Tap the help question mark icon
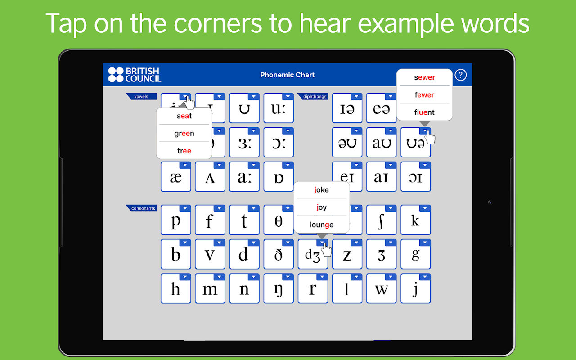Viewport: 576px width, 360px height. point(460,75)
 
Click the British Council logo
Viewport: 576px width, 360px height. point(135,75)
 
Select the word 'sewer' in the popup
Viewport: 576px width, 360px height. point(424,77)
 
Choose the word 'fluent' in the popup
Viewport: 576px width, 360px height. point(424,112)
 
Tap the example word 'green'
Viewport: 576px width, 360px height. point(184,134)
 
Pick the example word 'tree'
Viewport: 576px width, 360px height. point(184,151)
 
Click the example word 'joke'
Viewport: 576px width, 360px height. point(321,190)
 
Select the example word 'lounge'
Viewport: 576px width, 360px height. point(322,225)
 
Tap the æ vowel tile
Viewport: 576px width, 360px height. point(176,177)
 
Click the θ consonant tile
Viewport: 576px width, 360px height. point(279,220)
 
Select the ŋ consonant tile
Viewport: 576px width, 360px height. point(279,288)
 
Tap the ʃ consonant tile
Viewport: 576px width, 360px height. point(381,220)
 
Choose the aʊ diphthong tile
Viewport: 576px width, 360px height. point(381,142)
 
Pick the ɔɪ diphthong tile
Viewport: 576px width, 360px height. point(416,177)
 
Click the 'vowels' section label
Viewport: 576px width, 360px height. point(141,96)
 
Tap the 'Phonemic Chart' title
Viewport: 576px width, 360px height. point(287,75)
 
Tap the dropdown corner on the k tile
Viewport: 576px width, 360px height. point(425,208)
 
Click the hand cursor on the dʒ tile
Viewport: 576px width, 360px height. point(326,249)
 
